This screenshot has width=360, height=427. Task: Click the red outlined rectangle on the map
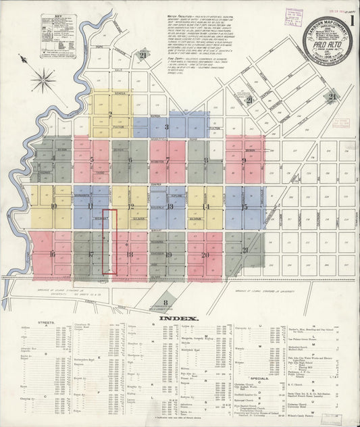click(x=110, y=241)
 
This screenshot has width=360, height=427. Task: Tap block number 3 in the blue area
click(x=166, y=126)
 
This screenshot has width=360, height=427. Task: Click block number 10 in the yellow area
click(x=53, y=207)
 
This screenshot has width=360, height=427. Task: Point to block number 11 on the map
click(x=91, y=206)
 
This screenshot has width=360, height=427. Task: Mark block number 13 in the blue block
click(x=170, y=207)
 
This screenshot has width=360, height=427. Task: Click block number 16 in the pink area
click(x=52, y=255)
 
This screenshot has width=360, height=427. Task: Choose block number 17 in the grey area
click(x=90, y=255)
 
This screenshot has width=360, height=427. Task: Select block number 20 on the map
click(x=205, y=255)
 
